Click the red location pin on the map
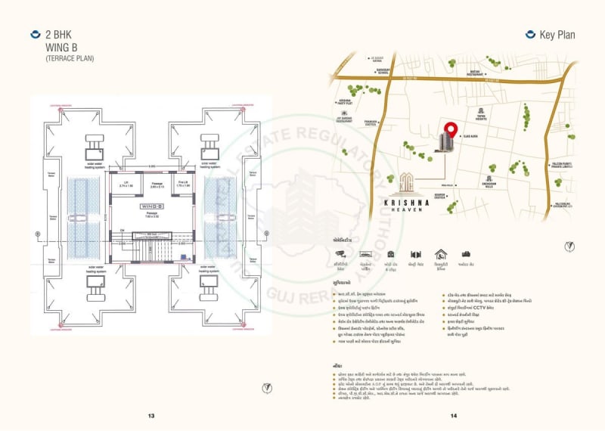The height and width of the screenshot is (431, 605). (451, 130)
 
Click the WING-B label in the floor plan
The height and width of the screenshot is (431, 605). (148, 206)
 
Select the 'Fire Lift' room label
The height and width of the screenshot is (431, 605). (181, 182)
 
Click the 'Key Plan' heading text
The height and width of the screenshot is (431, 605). (557, 35)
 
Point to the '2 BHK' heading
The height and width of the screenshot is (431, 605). (59, 35)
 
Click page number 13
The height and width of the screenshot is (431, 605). (151, 416)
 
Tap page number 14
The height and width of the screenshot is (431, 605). (453, 416)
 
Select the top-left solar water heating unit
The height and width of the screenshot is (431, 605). (95, 143)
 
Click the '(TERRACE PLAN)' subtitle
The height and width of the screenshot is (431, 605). (70, 58)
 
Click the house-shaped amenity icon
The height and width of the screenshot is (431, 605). (441, 255)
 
